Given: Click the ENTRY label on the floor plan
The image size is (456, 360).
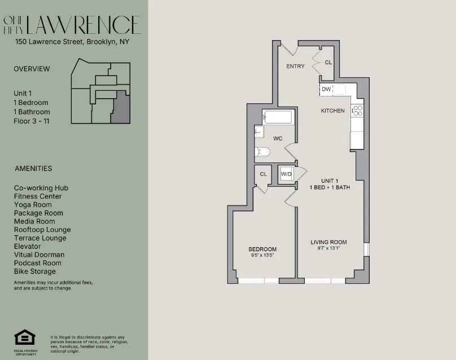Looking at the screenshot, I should coord(295,67).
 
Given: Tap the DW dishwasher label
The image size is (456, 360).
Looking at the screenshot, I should coord(326,89).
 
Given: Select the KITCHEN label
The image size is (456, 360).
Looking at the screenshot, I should coord(332,111).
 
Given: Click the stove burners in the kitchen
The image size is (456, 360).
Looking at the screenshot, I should coord(357,111).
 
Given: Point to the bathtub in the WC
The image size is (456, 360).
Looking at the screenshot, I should coord(278,117).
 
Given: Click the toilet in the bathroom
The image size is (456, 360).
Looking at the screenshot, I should coord(262,151).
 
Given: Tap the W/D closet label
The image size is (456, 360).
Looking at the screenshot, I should coord(287,174).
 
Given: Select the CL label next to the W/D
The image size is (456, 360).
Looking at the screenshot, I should coord(263,174).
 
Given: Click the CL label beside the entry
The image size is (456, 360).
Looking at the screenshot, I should coord(328,63).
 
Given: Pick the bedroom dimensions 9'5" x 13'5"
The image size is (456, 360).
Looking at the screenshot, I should coord(263,255).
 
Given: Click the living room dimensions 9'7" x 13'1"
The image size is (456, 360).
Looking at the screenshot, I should coord(328,248).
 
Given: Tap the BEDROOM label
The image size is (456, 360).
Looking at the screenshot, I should coord(263,249).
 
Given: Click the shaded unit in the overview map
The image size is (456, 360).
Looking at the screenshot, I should coord(120,109).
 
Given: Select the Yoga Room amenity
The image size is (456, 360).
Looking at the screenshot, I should coord(33,205).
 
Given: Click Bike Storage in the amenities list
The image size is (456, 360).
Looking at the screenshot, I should coord(35,271).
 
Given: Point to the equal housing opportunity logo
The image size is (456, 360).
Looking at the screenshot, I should coord(24,337).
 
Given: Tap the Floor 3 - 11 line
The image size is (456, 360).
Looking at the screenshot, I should coord(32,121).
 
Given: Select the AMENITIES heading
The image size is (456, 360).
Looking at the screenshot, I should coord(33,168).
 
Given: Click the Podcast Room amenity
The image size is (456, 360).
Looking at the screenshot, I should coord(38,263).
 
